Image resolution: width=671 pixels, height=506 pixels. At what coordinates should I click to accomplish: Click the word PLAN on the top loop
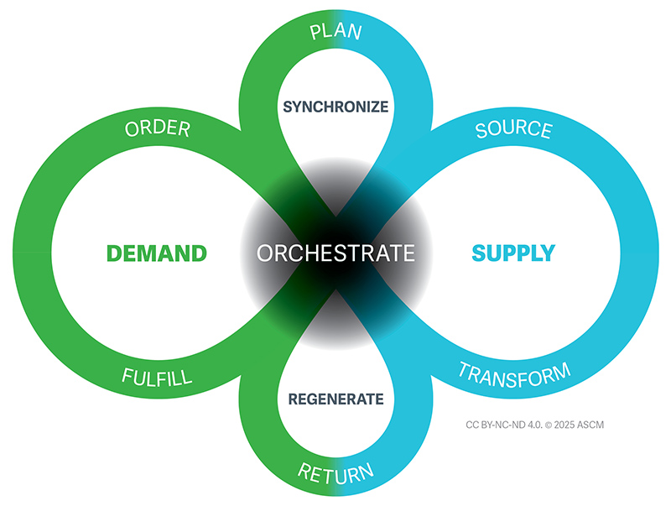point(335,33)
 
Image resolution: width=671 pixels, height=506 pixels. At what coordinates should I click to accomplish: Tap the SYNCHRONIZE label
point(335,107)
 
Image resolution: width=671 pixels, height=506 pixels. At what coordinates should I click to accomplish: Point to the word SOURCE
point(513,130)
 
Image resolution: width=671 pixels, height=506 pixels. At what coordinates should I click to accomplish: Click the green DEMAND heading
point(156,253)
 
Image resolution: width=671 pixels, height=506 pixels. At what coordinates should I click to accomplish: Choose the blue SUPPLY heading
point(514,253)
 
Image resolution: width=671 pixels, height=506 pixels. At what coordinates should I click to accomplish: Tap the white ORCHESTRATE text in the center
point(335,253)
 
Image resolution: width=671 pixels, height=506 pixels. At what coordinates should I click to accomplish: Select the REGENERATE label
point(335,399)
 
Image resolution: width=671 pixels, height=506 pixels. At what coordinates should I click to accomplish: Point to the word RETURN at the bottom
point(335,472)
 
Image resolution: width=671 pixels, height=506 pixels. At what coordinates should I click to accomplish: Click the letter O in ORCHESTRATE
point(267,253)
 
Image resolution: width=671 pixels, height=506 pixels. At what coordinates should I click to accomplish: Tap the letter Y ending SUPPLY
point(548,253)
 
